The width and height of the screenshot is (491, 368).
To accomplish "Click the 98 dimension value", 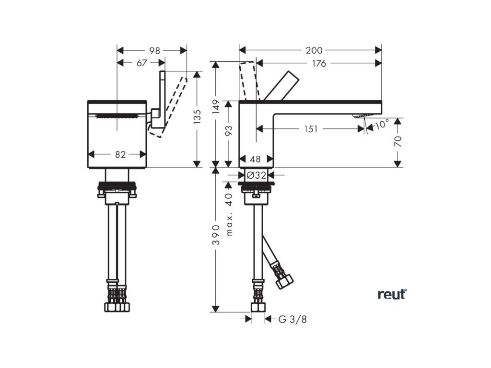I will tap(154, 50).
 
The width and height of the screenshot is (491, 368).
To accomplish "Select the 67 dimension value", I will tap(141, 63).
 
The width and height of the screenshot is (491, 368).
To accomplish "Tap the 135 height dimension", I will tap(197, 115).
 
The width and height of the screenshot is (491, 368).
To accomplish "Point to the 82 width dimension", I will tap(120, 154).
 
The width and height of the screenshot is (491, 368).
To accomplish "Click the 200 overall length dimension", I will tap(315, 50).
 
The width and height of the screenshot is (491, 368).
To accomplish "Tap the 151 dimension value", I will tap(311, 129).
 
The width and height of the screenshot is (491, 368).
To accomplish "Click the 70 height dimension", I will tap(398, 141).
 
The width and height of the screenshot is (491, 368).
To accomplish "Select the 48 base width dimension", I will tap(256, 159).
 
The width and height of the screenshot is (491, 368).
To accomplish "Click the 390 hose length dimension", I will tap(216, 235).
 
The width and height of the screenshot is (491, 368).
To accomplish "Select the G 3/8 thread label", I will tap(292, 319).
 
